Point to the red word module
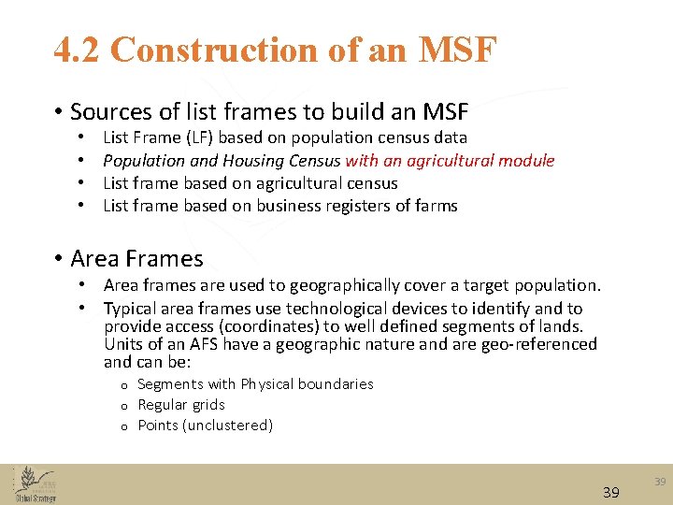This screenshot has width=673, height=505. click(x=525, y=161)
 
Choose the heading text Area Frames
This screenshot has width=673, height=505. click(x=136, y=258)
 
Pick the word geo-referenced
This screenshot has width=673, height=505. click(x=546, y=344)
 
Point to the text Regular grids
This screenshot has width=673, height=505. click(x=181, y=405)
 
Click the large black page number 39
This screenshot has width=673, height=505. click(x=611, y=492)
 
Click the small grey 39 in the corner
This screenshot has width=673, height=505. click(x=660, y=482)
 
